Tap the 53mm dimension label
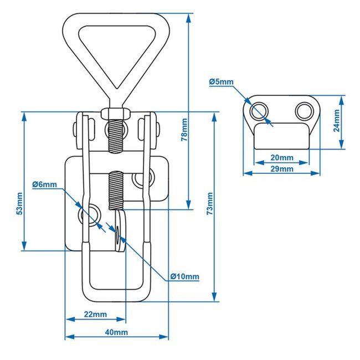[x=20, y=203]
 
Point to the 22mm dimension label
[x=95, y=314]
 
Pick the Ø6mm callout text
[x=44, y=184]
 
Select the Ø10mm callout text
[x=184, y=276]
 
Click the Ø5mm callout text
[x=221, y=82]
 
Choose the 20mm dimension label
[x=282, y=157]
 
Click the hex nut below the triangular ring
[x=116, y=115]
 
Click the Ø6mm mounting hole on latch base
[x=90, y=214]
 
